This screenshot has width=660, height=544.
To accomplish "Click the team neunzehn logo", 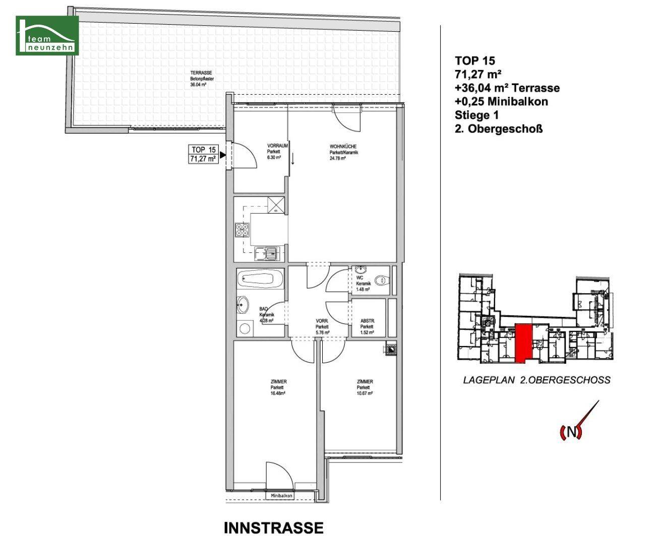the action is point(47,35).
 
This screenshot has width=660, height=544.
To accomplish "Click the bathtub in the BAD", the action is point(260,279).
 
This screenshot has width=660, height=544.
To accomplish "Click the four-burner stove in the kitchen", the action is point(242,230).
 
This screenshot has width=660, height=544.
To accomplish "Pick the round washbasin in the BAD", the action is point(244,304).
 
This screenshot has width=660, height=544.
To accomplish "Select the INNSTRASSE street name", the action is point(273,528).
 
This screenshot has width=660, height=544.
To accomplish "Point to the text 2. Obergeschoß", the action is point(499,129).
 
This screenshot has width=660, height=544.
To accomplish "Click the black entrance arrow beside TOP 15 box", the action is point(222,155).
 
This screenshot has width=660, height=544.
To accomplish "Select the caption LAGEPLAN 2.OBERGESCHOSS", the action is point(536,380).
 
